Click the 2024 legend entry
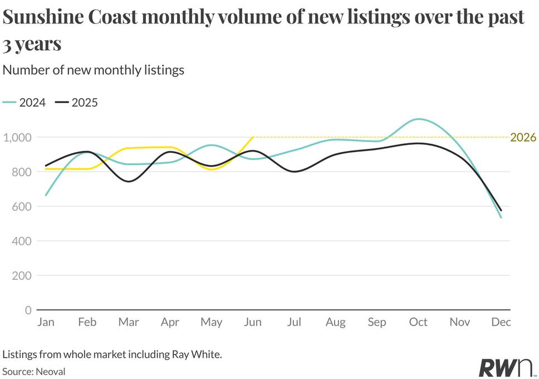pyautogui.click(x=24, y=103)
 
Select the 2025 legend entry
pyautogui.click(x=77, y=103)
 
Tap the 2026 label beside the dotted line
pyautogui.click(x=523, y=137)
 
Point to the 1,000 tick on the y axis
pyautogui.click(x=17, y=138)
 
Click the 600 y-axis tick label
pyautogui.click(x=22, y=207)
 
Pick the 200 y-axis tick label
pyautogui.click(x=22, y=276)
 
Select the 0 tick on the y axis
pyautogui.click(x=28, y=310)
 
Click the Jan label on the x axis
pyautogui.click(x=46, y=322)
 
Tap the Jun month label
pyautogui.click(x=253, y=322)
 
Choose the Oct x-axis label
pyautogui.click(x=418, y=322)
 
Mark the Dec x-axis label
pyautogui.click(x=501, y=322)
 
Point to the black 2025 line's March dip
pyautogui.click(x=129, y=181)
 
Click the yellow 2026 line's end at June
pyautogui.click(x=253, y=137)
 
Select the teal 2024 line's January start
pyautogui.click(x=46, y=195)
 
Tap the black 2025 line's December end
pyautogui.click(x=501, y=210)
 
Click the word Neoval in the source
pyautogui.click(x=50, y=372)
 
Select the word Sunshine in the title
pyautogui.click(x=43, y=17)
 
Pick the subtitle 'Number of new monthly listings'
pyautogui.click(x=94, y=70)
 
